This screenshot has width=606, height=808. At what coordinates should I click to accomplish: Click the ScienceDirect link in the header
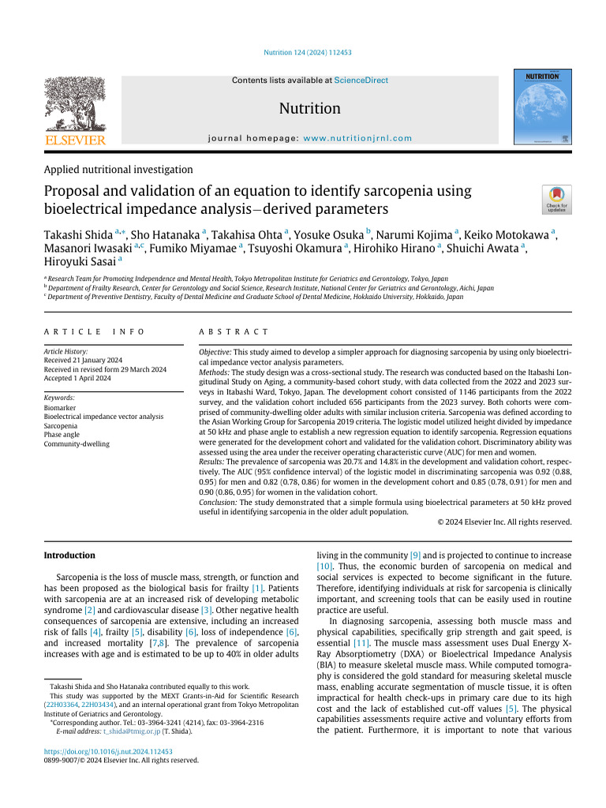pos(361,80)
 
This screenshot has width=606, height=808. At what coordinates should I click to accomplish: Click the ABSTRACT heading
pos(234,332)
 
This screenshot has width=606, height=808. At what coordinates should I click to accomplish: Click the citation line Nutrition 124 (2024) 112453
pos(306,53)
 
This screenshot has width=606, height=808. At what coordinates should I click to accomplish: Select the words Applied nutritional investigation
pos(118,169)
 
